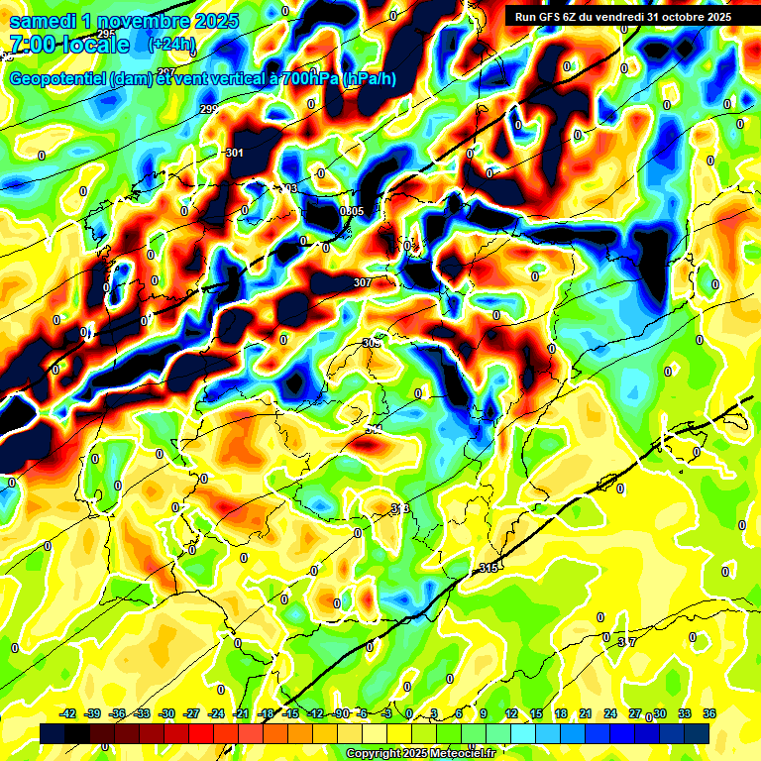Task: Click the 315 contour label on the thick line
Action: pos(488,568)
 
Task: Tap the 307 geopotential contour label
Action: pos(362,283)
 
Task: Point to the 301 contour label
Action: pos(234,153)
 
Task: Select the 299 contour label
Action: pos(208,109)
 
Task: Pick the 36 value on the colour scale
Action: pos(708,714)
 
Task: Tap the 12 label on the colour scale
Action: pos(510,714)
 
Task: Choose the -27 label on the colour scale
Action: pos(191,714)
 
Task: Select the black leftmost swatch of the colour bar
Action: pos(53,733)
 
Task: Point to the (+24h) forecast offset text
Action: pos(171,45)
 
